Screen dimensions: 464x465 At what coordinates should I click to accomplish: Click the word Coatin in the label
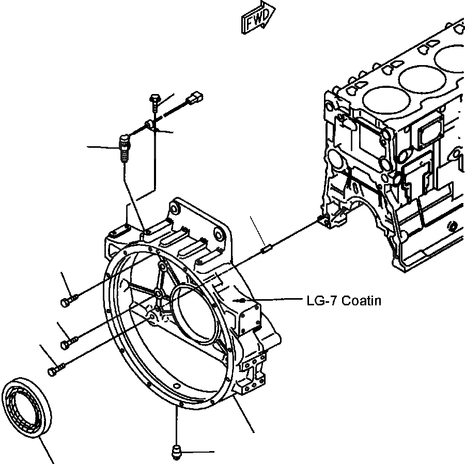coord(362,300)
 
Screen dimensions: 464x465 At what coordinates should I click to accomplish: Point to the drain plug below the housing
coord(176,452)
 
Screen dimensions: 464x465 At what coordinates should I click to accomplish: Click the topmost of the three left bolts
coord(69,300)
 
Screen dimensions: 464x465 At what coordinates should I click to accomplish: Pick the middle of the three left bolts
coord(69,342)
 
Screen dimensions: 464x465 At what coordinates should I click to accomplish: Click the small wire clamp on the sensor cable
coord(149,125)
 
